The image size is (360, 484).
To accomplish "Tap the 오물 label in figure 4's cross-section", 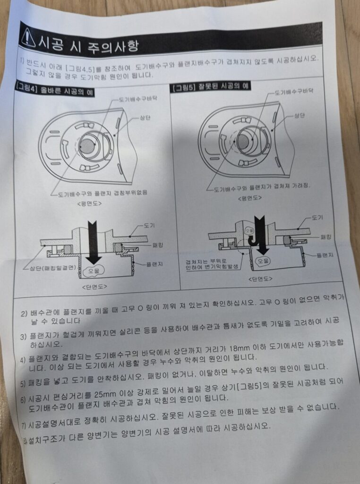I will click(92, 271).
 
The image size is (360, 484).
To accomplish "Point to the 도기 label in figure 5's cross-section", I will click(317, 218).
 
